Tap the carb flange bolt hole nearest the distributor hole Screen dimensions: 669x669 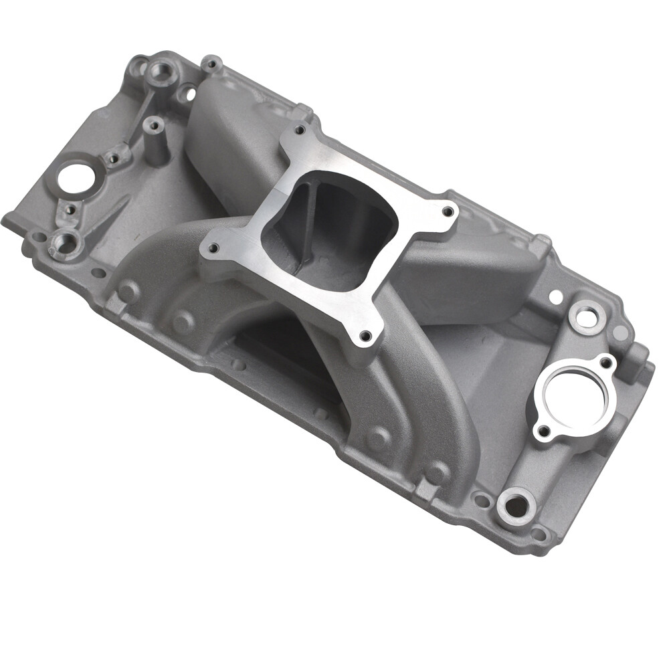[213, 248]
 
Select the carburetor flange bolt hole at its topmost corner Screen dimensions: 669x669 [299, 129]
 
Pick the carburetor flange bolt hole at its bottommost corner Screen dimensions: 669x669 [365, 335]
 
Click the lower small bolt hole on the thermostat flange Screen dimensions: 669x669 [544, 430]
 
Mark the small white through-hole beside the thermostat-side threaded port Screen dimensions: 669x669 [555, 295]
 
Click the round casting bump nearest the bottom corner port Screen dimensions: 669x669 [438, 472]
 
